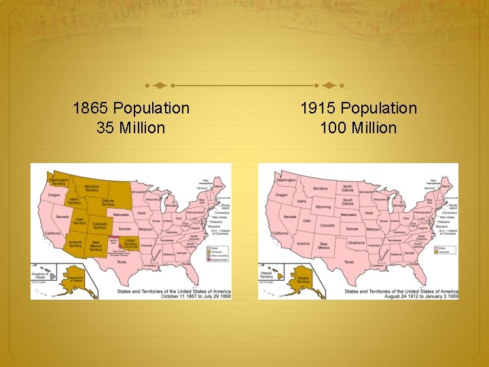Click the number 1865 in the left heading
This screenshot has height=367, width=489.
coord(91,108)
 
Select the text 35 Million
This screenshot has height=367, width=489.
coord(131,127)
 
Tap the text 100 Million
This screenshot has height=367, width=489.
coord(359,127)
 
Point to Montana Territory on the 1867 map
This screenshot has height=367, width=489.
coord(92,189)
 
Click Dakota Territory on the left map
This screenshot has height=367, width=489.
coord(109,202)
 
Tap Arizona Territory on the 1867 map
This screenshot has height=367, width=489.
coord(75,244)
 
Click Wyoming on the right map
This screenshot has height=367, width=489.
coord(323,207)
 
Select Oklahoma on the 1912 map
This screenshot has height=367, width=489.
coord(356,243)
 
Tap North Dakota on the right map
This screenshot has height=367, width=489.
coord(348,188)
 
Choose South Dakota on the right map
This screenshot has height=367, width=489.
coord(348,201)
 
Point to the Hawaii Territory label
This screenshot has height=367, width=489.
coord(268,275)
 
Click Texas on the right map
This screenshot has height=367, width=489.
coord(348,262)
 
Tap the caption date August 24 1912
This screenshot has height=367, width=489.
coord(389,296)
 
